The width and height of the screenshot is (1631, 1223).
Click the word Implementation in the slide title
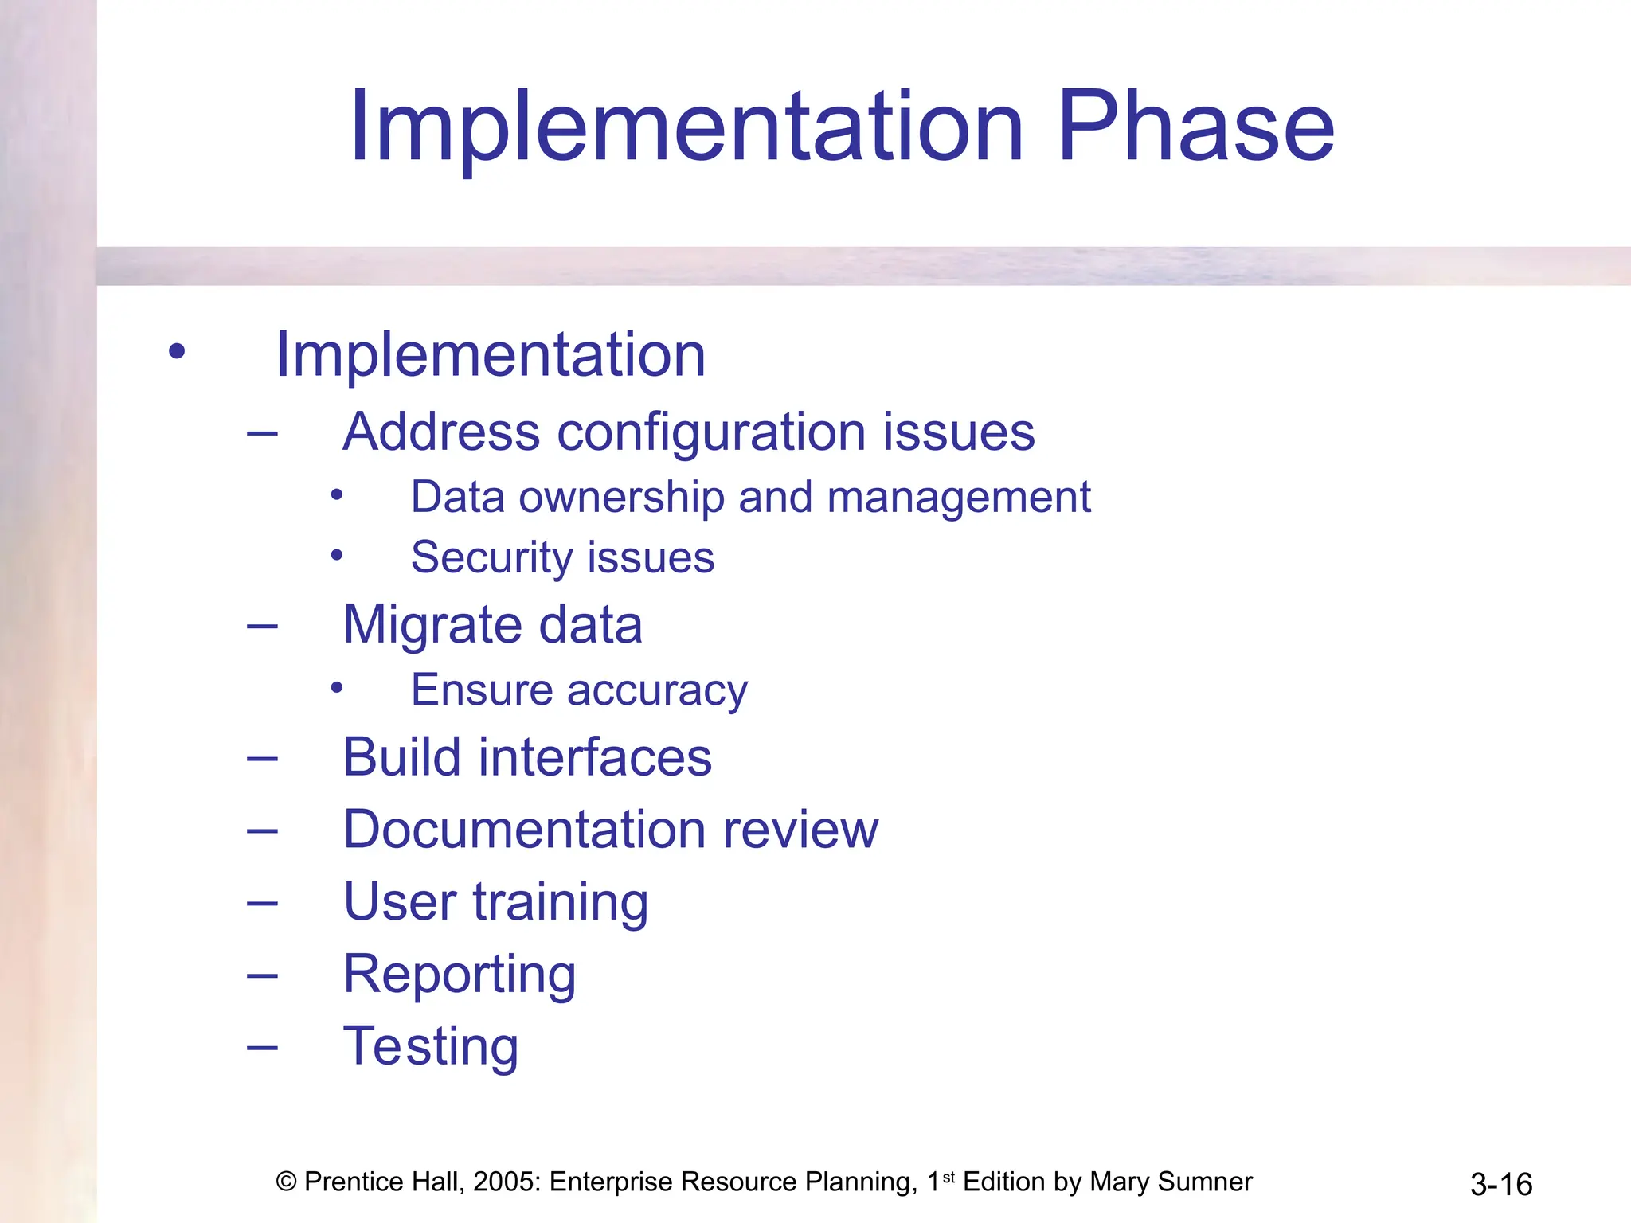coord(685,127)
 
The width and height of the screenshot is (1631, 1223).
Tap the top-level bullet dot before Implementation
coord(177,351)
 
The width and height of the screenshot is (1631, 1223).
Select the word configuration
coord(711,434)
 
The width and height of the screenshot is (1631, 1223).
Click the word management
coord(959,498)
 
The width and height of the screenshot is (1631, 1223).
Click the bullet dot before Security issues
coord(337,555)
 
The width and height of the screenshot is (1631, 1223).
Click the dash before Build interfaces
coord(262,758)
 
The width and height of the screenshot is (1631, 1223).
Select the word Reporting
coord(460,975)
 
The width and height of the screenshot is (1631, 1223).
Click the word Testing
coord(430,1046)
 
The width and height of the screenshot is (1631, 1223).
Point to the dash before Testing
coord(262,1047)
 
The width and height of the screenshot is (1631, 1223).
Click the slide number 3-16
coord(1500,1185)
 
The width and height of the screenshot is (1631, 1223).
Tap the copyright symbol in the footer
coord(286,1182)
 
